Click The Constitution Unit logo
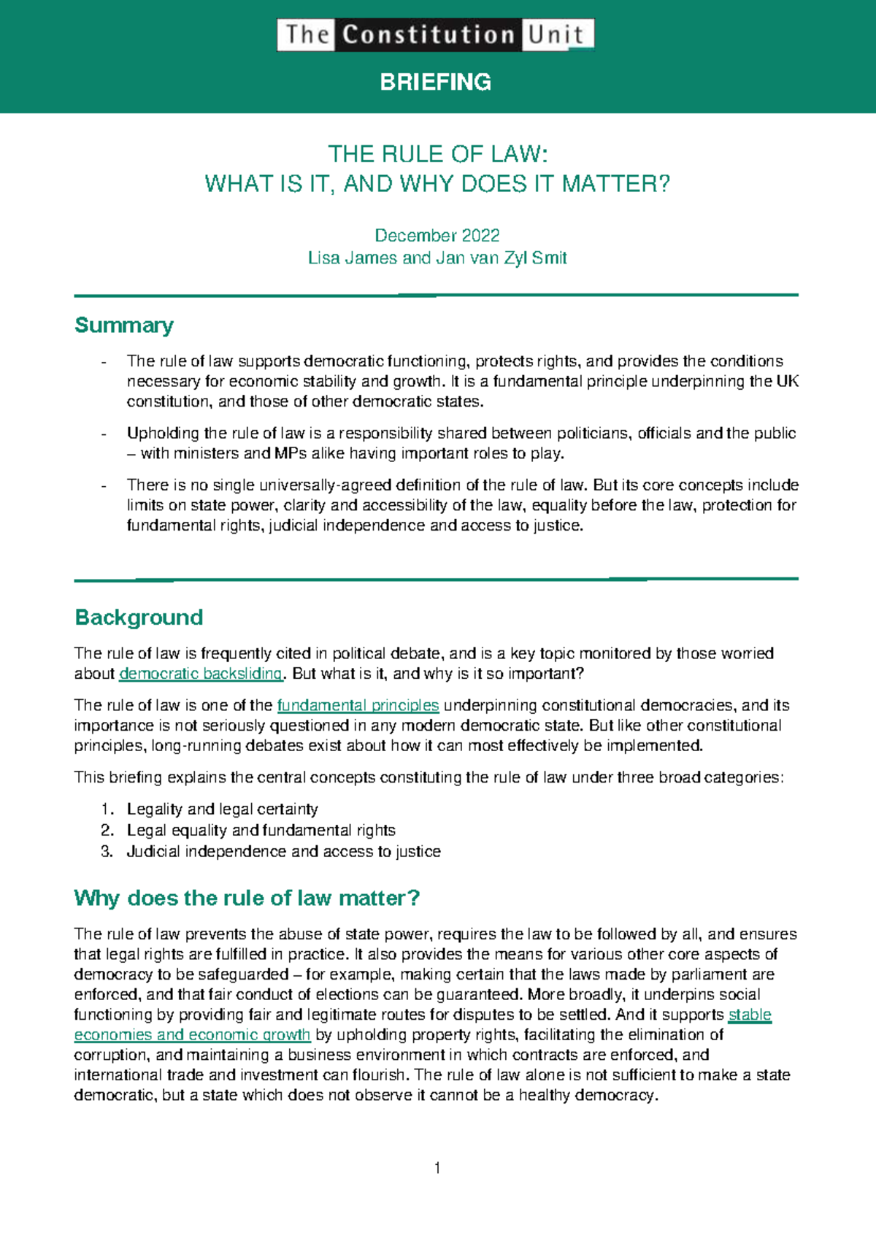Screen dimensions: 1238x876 435,35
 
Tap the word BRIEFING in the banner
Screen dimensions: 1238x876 436,82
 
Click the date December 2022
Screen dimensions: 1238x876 437,235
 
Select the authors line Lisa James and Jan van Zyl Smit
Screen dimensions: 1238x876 437,258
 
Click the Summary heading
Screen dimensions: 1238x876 124,325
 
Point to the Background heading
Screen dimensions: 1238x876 139,618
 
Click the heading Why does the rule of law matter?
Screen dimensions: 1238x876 247,898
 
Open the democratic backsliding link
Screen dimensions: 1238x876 200,674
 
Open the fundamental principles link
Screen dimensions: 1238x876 358,706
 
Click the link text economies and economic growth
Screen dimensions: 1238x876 193,1035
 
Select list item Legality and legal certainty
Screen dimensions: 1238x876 222,809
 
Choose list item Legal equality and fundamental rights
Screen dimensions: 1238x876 261,830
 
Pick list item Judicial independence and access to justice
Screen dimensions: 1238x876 283,851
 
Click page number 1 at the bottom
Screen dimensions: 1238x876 437,1169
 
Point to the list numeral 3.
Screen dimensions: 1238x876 107,851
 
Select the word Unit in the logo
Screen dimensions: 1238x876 556,35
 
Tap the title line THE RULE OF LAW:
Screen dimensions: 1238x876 437,154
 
